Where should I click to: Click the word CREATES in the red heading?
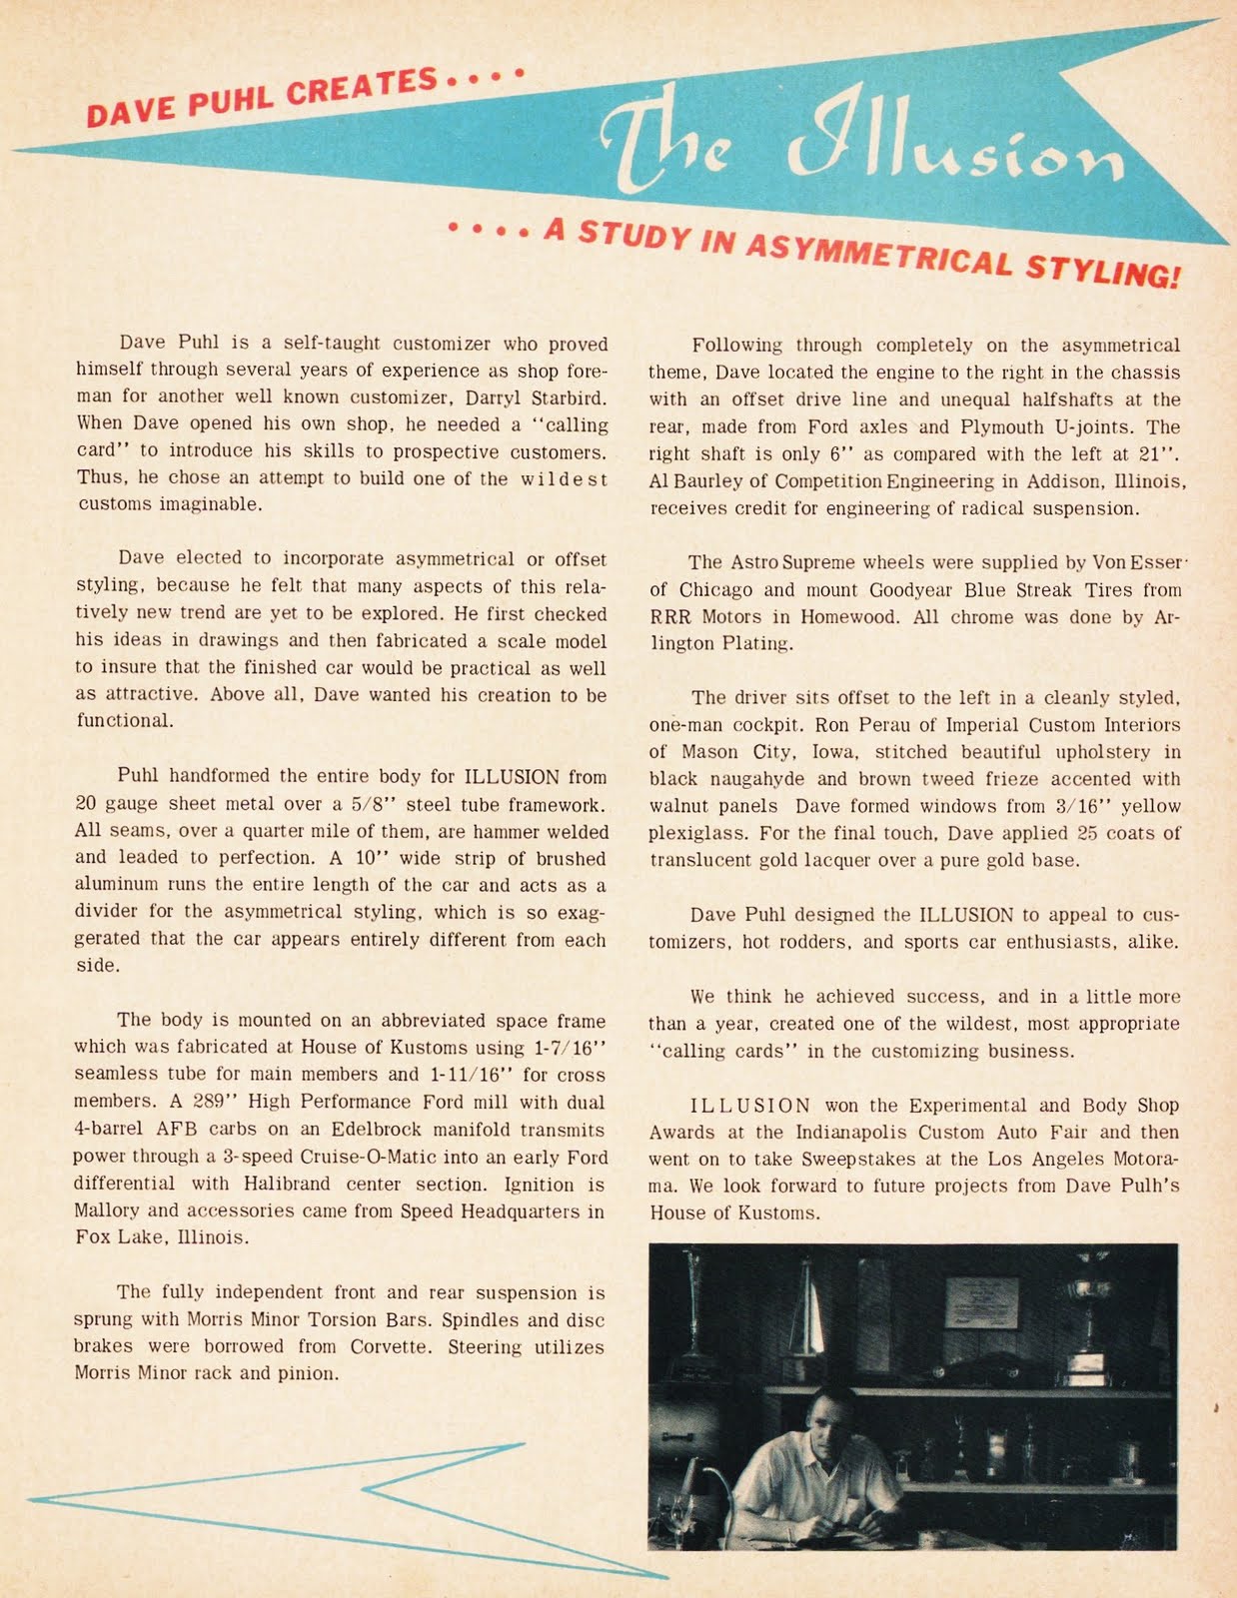pos(361,90)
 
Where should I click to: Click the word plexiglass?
pos(695,833)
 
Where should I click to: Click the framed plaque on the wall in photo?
pos(981,1302)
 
